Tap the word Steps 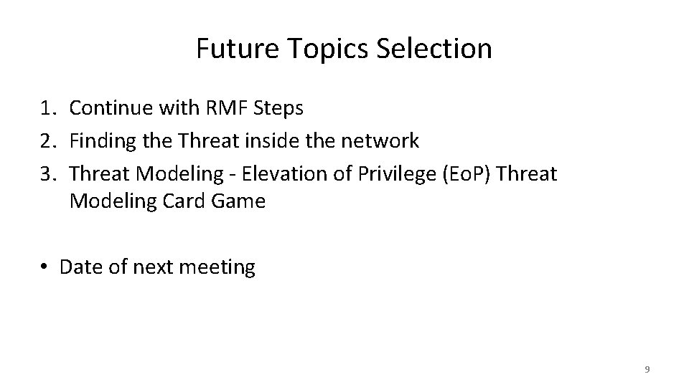tap(281, 109)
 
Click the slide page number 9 tap(647, 369)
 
